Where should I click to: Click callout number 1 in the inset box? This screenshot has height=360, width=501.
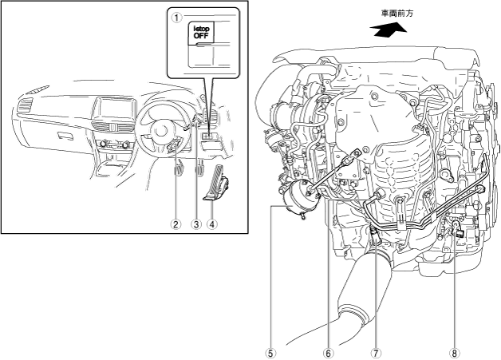(x=176, y=18)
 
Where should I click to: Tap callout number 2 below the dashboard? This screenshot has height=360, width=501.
(x=176, y=224)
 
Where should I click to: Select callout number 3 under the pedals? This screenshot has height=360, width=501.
(x=196, y=224)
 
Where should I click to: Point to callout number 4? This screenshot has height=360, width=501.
(x=212, y=224)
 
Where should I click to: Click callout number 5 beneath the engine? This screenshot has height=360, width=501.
(x=271, y=354)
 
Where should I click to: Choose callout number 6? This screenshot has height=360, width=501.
(x=328, y=354)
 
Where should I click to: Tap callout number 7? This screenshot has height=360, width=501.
(x=376, y=354)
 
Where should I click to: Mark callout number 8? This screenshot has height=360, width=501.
(x=455, y=354)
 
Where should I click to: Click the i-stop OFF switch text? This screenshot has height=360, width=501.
(x=201, y=32)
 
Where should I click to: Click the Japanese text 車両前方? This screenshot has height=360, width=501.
(x=397, y=13)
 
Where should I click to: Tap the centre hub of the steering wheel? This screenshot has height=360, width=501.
(x=159, y=132)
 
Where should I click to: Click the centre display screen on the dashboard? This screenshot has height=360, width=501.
(x=116, y=109)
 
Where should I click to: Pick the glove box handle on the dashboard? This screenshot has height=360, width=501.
(x=65, y=136)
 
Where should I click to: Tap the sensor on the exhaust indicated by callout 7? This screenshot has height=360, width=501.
(x=374, y=235)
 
